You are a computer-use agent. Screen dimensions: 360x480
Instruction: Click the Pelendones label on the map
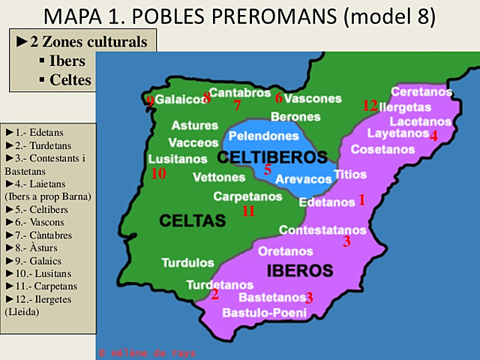263,136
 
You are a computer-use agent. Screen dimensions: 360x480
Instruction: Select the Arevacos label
303,179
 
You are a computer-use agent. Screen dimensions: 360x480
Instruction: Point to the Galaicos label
179,100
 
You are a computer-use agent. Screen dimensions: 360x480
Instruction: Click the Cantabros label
239,93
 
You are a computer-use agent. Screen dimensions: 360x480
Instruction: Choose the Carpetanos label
247,196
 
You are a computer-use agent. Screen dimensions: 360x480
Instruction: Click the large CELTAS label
192,220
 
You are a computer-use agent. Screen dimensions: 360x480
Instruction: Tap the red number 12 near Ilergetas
370,106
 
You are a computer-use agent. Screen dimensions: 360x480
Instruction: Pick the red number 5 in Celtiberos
267,169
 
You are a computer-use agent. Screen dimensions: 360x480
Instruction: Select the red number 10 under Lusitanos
157,174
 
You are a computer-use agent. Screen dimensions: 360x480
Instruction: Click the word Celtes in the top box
70,79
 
